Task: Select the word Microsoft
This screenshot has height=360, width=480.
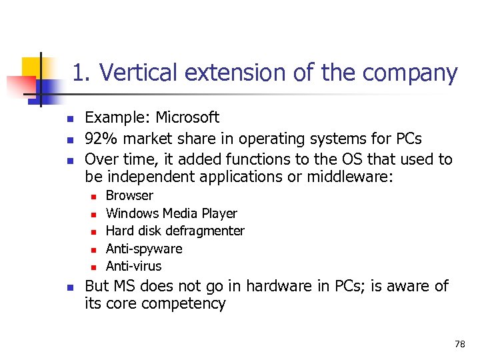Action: [x=187, y=117]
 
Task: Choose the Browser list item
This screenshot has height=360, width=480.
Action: [x=129, y=195]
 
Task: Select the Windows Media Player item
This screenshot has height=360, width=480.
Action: [x=171, y=213]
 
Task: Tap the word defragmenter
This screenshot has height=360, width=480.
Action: [x=206, y=231]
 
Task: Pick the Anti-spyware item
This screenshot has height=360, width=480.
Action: [x=144, y=249]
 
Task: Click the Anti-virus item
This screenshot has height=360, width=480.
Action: [x=133, y=266]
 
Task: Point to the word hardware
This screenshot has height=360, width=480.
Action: [x=276, y=286]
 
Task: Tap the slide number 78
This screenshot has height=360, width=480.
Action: [x=459, y=344]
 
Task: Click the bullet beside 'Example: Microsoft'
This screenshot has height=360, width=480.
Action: [x=68, y=119]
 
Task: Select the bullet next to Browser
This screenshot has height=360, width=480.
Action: [x=93, y=197]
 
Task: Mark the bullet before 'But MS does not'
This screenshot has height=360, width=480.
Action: [x=68, y=287]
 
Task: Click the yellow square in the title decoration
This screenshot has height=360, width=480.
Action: [x=33, y=67]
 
